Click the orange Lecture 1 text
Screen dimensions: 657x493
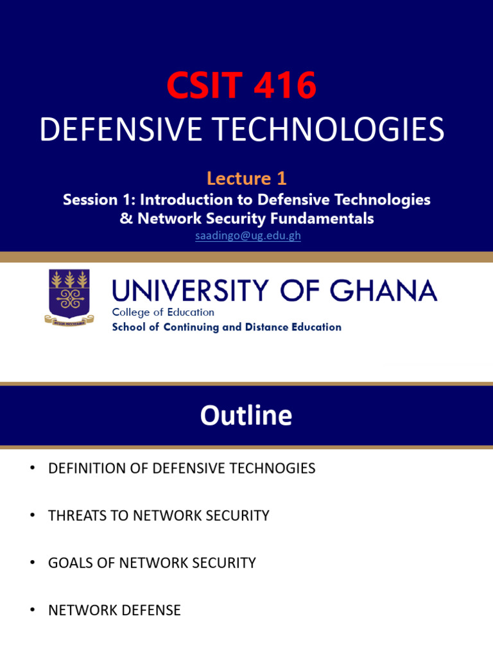(246, 178)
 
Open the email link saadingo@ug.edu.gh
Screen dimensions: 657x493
(248, 235)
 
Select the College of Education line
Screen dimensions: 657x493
(163, 312)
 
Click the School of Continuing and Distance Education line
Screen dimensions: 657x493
(227, 327)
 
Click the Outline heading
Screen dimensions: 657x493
(246, 416)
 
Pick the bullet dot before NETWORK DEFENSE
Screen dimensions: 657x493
(31, 610)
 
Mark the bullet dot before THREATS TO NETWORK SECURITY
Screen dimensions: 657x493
(31, 515)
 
